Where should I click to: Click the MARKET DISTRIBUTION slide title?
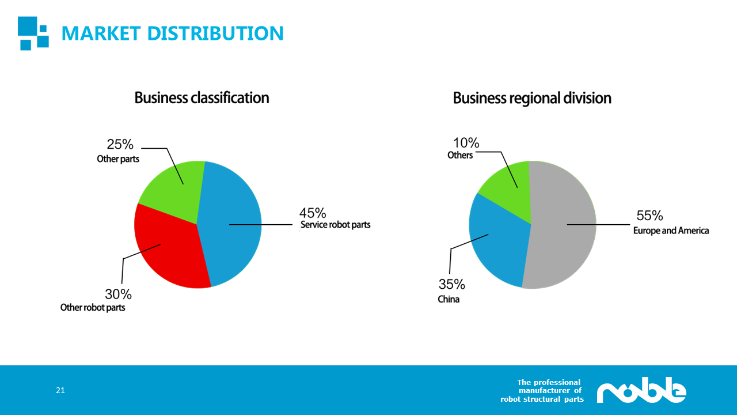tap(172, 33)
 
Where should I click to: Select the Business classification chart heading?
tap(202, 98)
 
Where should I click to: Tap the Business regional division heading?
tap(532, 98)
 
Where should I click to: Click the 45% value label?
tap(313, 213)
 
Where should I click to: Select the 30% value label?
tap(118, 294)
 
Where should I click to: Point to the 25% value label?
tap(120, 144)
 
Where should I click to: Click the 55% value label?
tap(649, 216)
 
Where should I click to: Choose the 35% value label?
tap(452, 284)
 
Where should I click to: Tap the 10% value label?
tap(466, 143)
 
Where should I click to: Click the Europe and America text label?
tap(671, 231)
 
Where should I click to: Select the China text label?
tap(449, 299)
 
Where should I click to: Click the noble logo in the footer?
tap(641, 390)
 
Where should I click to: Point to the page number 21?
tap(60, 390)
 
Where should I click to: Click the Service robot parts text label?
tap(335, 225)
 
